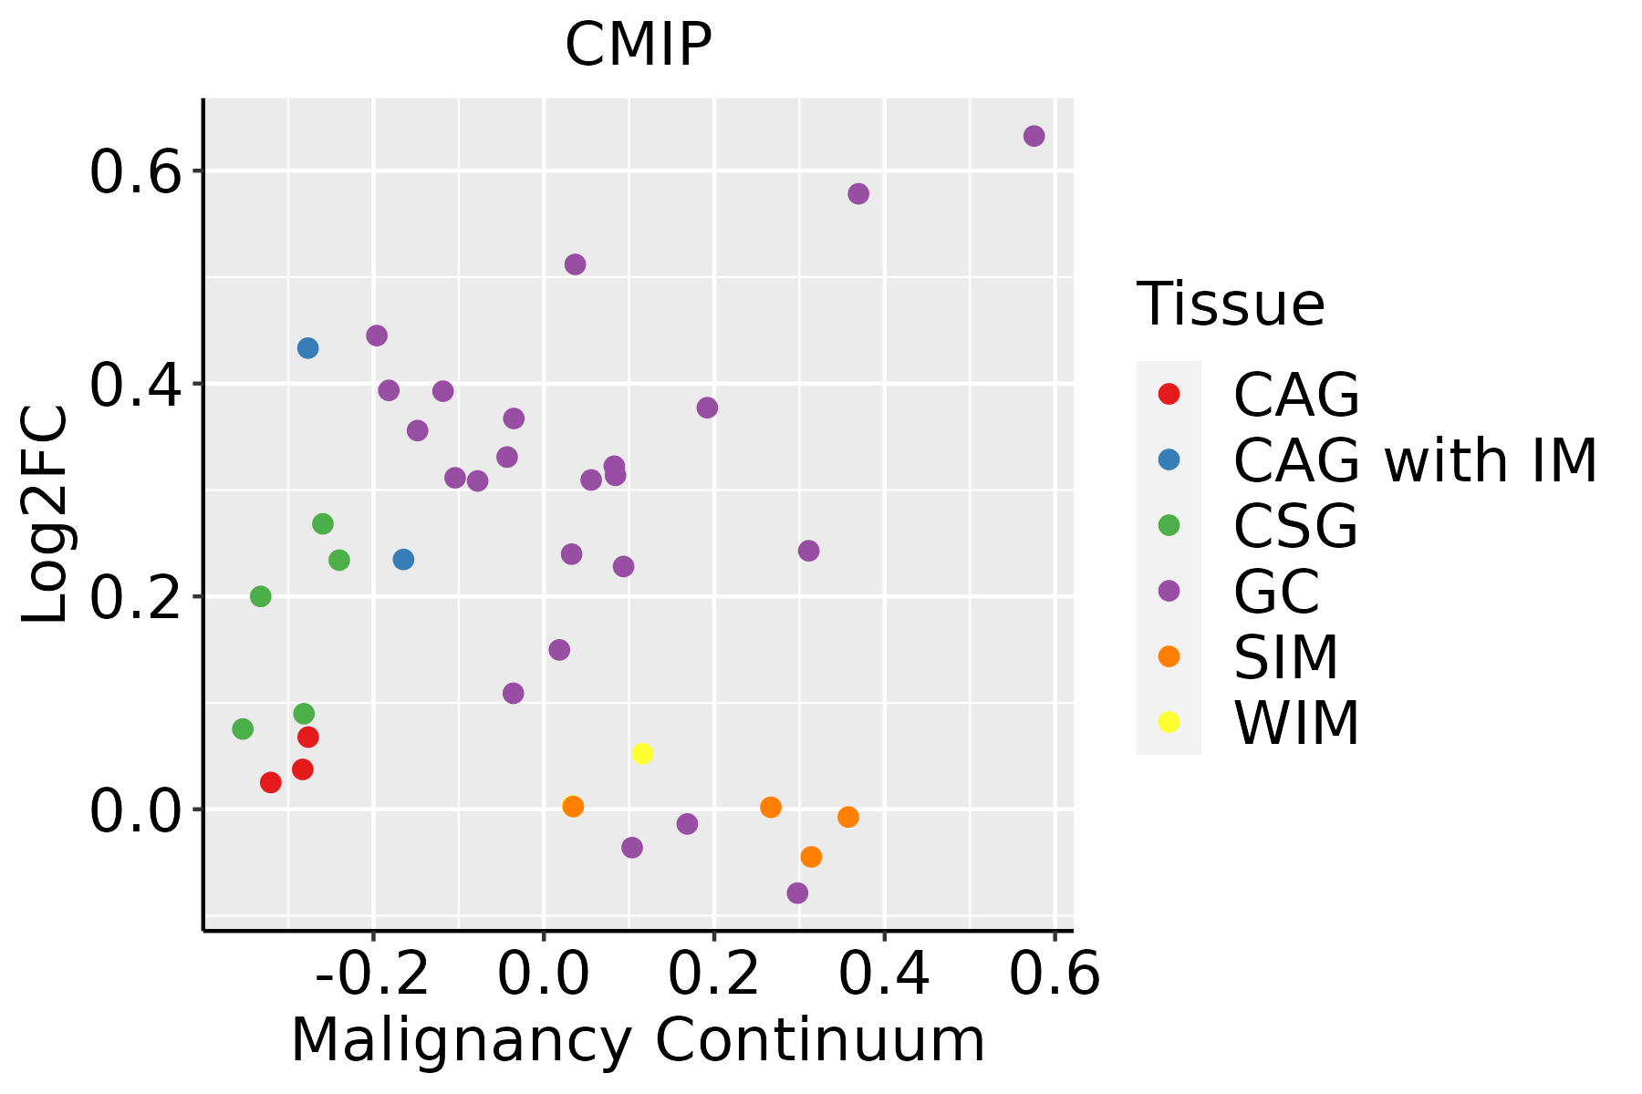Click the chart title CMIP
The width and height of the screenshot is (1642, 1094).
click(x=638, y=45)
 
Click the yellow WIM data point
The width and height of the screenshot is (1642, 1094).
click(x=642, y=754)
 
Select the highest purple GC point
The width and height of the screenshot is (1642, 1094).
click(x=1034, y=136)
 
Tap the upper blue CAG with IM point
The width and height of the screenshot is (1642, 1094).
click(x=307, y=348)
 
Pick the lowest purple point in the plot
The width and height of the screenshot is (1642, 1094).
click(x=797, y=893)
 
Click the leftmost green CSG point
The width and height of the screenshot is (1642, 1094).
click(x=243, y=729)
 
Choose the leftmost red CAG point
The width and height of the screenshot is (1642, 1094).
click(x=270, y=782)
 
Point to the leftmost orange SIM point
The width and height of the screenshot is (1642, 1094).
click(x=573, y=807)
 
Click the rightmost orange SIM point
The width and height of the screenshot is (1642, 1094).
click(x=848, y=817)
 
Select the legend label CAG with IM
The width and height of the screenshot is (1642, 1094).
click(x=1415, y=460)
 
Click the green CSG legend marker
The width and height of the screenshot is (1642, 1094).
click(x=1169, y=525)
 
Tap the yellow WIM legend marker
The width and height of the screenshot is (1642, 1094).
click(x=1169, y=722)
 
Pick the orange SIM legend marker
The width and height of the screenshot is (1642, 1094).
click(x=1169, y=656)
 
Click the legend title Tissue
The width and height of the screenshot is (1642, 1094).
click(x=1231, y=304)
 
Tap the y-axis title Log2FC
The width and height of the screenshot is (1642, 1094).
click(x=46, y=515)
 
